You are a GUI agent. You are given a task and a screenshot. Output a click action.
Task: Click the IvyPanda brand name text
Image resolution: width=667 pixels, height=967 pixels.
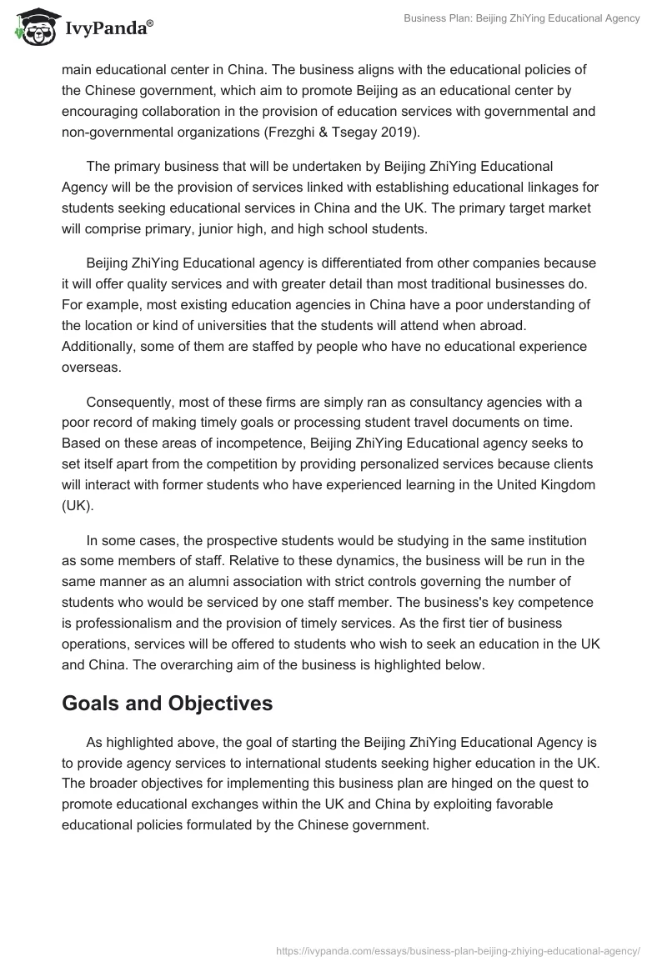coord(108,30)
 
